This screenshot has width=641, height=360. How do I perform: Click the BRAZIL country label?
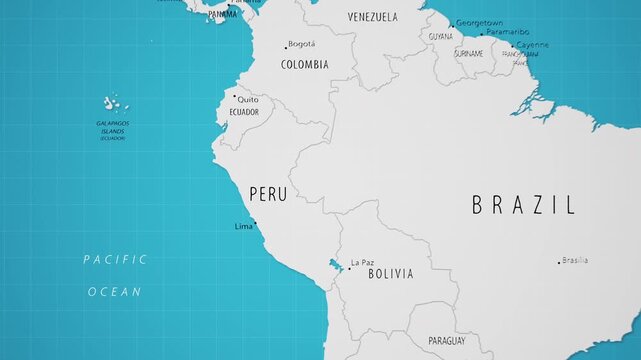pos(524,206)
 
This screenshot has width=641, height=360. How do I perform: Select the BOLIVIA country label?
pos(390,274)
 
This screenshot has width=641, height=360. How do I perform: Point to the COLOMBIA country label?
pos(305,65)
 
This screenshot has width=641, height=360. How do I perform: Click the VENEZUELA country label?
pos(372,17)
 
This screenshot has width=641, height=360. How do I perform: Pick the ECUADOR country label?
pos(244,112)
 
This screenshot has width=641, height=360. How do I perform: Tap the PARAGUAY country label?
pos(446,341)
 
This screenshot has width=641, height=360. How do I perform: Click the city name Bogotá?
pos(302,44)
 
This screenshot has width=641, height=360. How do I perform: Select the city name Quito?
pos(249,99)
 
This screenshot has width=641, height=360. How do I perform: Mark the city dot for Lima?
pos(254,222)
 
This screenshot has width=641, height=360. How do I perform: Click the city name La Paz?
pos(363,262)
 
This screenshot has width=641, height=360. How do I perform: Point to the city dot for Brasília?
pos(559,262)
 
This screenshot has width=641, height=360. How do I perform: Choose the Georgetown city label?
pos(479,23)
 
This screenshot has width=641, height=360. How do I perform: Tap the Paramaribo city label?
pos(507,33)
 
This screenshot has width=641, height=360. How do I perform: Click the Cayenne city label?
pos(533,45)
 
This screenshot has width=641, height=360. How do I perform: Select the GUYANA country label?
pos(440,36)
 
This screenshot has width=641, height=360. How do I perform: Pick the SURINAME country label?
pos(468,54)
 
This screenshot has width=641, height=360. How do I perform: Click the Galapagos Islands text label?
pos(112,130)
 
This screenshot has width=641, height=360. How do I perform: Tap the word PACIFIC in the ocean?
pos(115,260)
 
